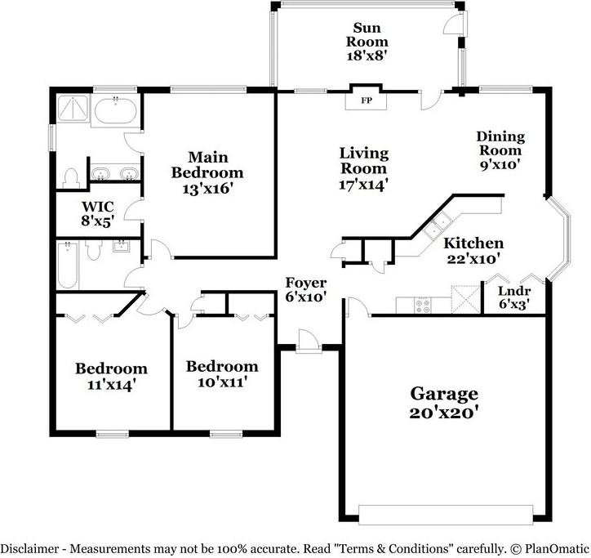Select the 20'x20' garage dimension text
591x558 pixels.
pyautogui.click(x=443, y=413)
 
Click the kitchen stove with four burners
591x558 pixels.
pyautogui.click(x=424, y=306)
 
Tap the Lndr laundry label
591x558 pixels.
pyautogui.click(x=513, y=292)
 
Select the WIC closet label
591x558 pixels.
pyautogui.click(x=96, y=206)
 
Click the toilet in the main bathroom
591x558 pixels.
pyautogui.click(x=71, y=177)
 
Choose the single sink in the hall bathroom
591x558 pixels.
pyautogui.click(x=122, y=247)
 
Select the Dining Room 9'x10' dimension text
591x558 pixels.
pyautogui.click(x=500, y=165)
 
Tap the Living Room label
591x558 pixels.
pyautogui.click(x=364, y=161)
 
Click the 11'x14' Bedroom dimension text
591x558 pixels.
pyautogui.click(x=112, y=384)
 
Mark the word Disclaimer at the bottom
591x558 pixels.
pyautogui.click(x=29, y=548)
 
